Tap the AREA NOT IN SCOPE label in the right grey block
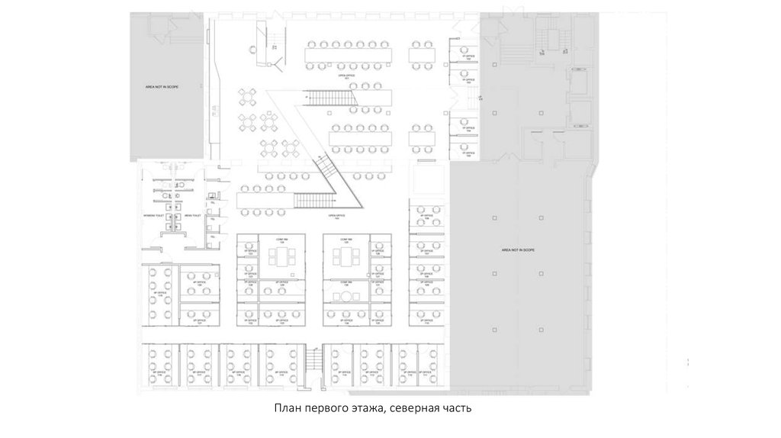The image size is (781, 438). (x=518, y=250)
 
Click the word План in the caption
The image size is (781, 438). (x=291, y=409)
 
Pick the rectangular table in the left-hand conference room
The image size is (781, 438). (x=281, y=256)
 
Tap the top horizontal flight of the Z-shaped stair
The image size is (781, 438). (x=330, y=98)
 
